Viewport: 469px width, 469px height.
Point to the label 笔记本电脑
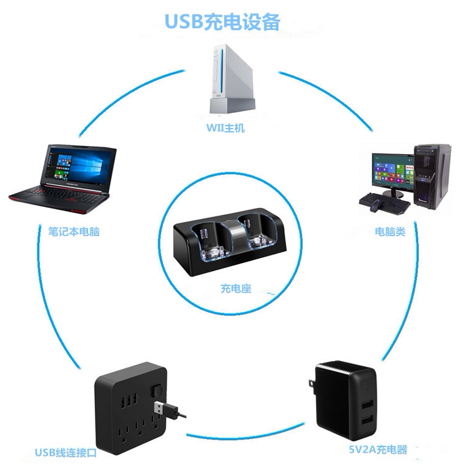[74, 232]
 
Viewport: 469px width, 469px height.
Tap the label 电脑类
[390, 232]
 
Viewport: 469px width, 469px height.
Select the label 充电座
[235, 289]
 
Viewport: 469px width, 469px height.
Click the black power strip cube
[127, 410]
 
